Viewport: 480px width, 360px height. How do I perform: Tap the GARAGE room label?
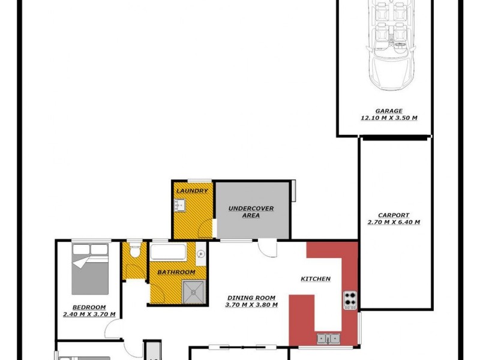click(x=389, y=111)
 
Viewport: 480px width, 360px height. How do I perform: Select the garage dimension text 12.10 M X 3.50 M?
click(x=389, y=118)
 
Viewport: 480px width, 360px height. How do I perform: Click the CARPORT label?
click(x=394, y=215)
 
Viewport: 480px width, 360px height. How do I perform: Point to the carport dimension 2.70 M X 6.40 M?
click(x=394, y=223)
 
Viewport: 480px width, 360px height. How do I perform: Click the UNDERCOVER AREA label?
click(x=251, y=212)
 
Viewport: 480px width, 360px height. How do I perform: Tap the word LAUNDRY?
click(x=192, y=191)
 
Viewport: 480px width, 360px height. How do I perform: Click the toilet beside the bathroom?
click(x=136, y=250)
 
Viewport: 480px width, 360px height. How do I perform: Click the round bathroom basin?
click(x=200, y=254)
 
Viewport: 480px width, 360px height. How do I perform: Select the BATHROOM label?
click(x=176, y=272)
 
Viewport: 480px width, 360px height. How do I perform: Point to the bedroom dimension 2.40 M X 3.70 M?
click(x=89, y=314)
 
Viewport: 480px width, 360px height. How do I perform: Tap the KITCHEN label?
click(x=316, y=279)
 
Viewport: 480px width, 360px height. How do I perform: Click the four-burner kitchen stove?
click(x=350, y=298)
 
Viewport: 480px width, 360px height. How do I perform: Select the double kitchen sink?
click(x=328, y=339)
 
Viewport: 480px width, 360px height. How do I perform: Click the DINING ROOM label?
click(x=251, y=298)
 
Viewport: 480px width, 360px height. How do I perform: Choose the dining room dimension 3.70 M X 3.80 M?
click(x=251, y=305)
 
